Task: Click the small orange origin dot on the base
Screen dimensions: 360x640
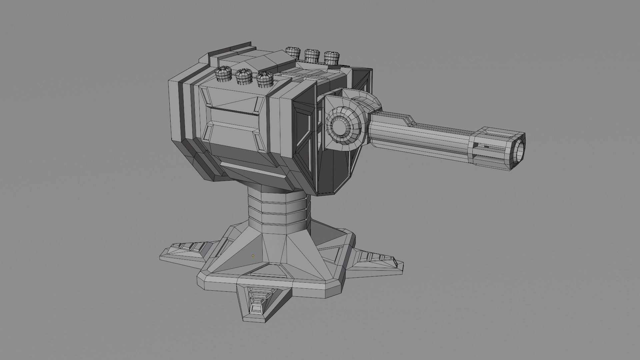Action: click(253, 256)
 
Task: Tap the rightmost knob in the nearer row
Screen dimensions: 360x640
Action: click(265, 80)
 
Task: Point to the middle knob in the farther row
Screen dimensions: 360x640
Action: click(313, 55)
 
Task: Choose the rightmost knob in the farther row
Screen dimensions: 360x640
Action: click(332, 57)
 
